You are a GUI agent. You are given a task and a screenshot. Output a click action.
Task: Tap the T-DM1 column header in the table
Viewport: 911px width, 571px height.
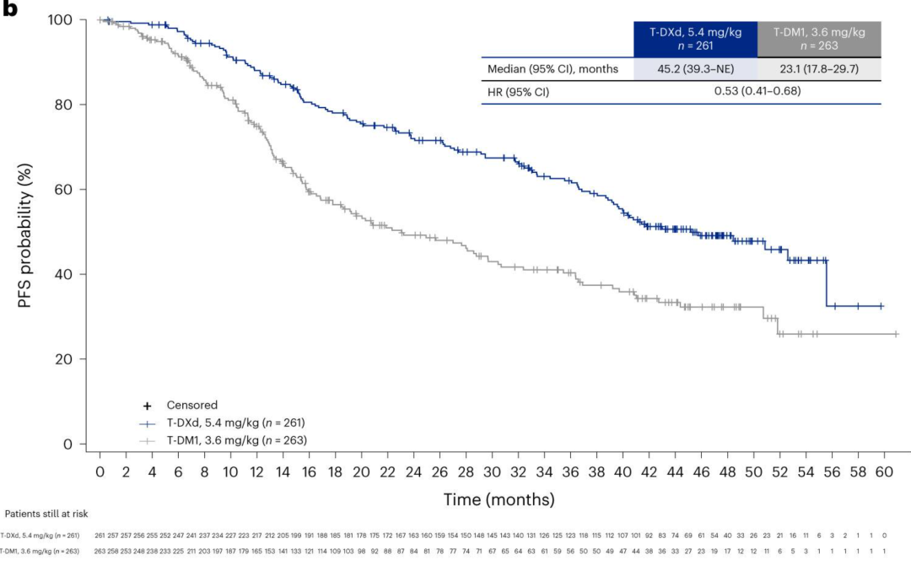[x=818, y=39]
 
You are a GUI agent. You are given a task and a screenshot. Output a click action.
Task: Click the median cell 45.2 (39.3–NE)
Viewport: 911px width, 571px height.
[x=695, y=69]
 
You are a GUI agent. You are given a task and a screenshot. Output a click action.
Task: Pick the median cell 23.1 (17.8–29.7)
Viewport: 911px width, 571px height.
[x=818, y=69]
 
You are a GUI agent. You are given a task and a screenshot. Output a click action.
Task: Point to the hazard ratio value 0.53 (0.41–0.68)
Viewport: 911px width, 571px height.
[x=757, y=92]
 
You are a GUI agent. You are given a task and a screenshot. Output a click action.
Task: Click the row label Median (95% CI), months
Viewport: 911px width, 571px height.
[x=553, y=69]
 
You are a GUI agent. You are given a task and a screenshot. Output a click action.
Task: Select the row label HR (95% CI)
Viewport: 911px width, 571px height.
[x=518, y=92]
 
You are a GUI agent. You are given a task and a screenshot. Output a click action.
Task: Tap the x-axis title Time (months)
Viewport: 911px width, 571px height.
[x=499, y=499]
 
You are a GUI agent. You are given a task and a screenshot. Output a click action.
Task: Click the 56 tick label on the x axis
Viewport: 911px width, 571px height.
[x=833, y=471]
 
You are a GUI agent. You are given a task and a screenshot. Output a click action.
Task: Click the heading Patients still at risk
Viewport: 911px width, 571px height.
[x=46, y=513]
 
